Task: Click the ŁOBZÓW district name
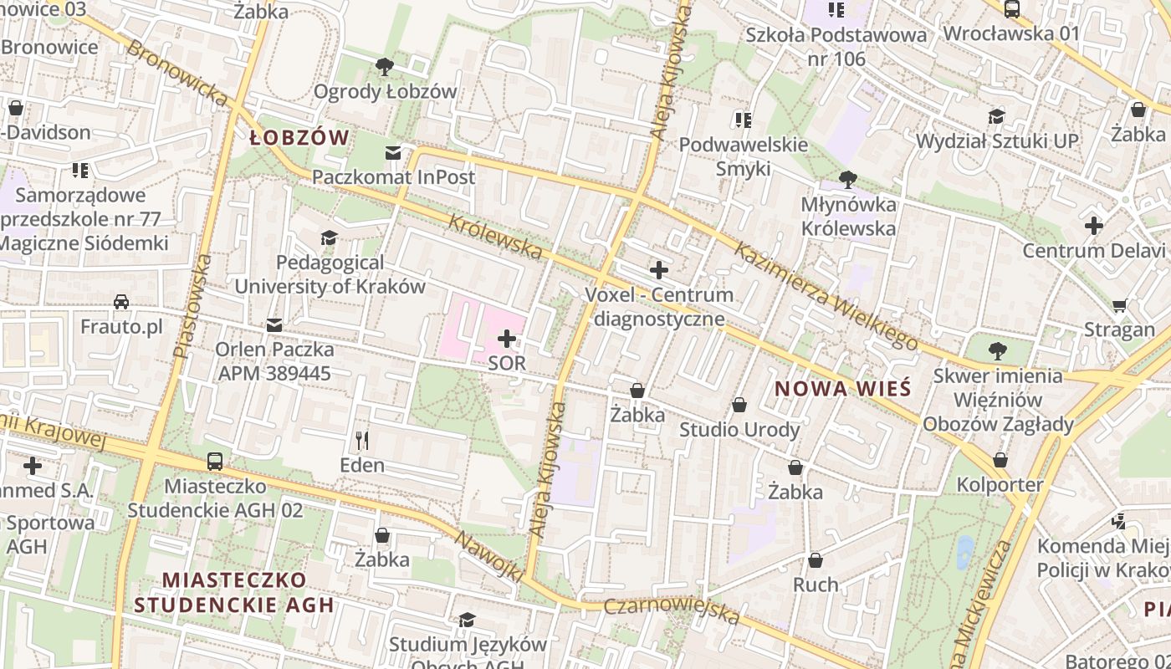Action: (x=299, y=138)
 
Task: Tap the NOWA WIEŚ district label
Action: (x=841, y=389)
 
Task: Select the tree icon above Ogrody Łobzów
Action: (x=385, y=67)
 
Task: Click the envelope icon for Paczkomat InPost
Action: (x=393, y=152)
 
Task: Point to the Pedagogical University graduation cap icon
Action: (x=329, y=238)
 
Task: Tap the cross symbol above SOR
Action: (x=507, y=339)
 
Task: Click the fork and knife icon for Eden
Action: (x=362, y=440)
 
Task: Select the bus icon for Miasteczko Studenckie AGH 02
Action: (x=215, y=461)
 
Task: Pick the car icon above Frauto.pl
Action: (x=121, y=302)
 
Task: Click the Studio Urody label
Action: (x=739, y=430)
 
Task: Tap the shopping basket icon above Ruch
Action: (x=816, y=560)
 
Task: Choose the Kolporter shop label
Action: (x=1000, y=485)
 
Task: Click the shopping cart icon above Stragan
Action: (x=1120, y=305)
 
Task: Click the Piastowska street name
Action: (x=192, y=307)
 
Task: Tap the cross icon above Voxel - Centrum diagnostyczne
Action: (x=659, y=270)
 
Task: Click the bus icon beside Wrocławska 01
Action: (x=1011, y=9)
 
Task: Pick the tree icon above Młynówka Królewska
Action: (x=848, y=179)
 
